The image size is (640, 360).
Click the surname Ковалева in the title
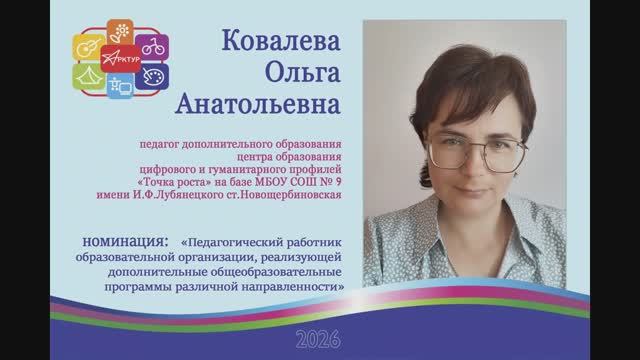pos(285,46)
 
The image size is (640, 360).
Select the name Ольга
pos(286,75)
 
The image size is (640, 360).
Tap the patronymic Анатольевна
pos(286,103)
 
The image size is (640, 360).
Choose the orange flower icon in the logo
pos(121,33)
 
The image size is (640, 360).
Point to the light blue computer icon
pos(123,86)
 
